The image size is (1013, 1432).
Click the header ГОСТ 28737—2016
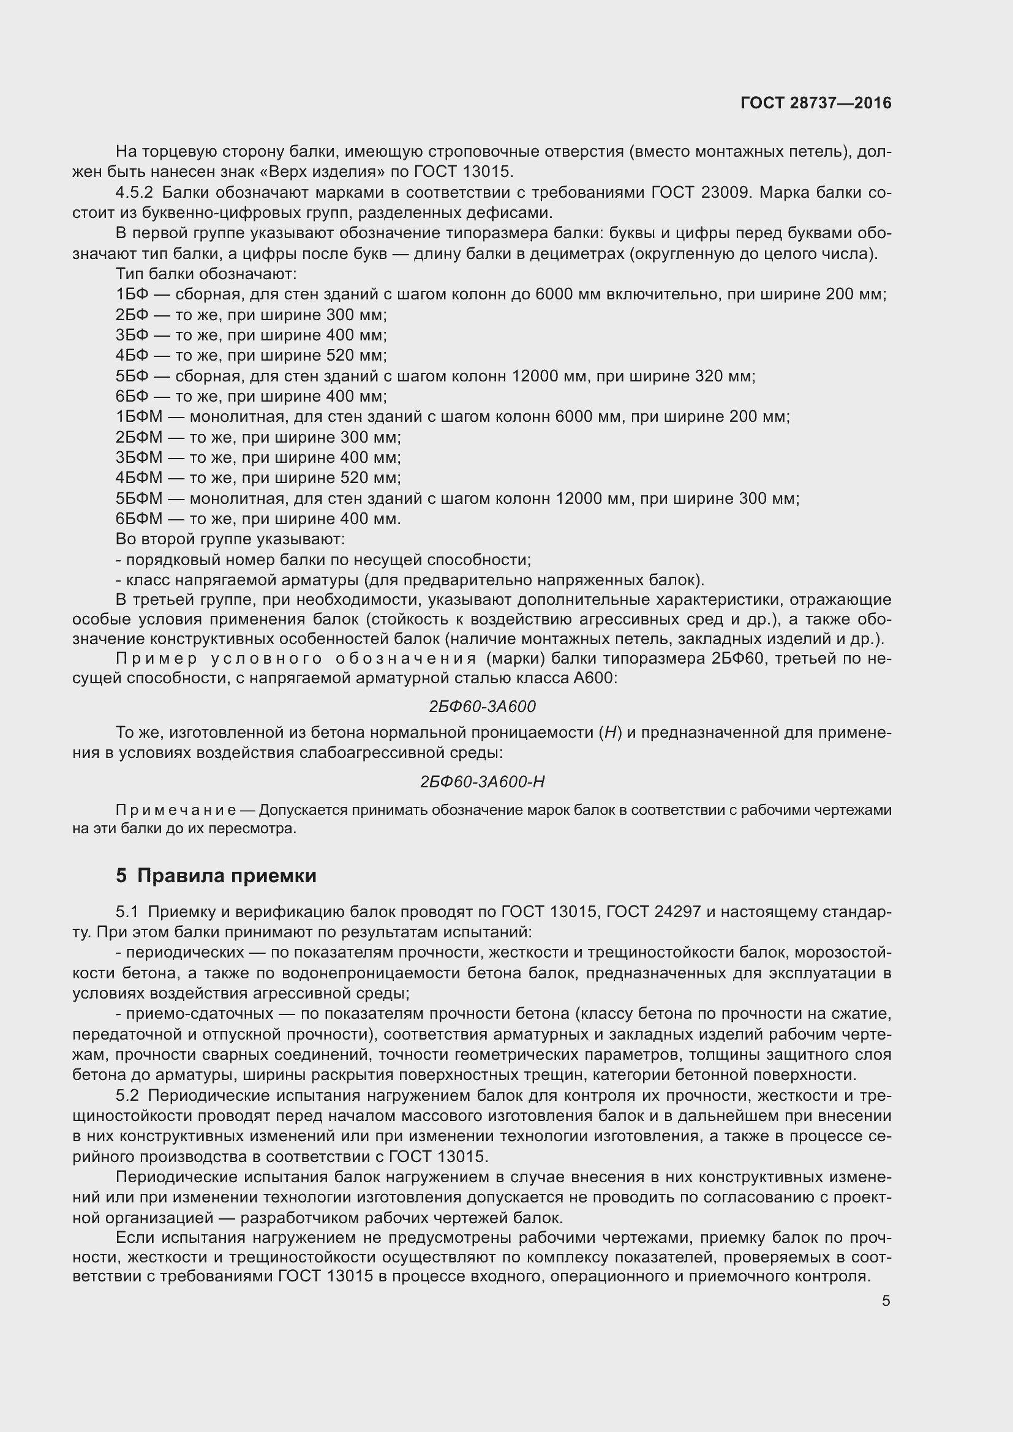tap(816, 103)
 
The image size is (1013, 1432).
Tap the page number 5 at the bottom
tap(886, 1301)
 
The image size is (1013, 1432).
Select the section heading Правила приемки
tap(227, 875)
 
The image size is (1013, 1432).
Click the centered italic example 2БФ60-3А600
tap(482, 707)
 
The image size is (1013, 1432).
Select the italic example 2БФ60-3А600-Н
tap(482, 781)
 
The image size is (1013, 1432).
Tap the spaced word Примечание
tap(176, 810)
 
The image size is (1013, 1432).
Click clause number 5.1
tap(127, 912)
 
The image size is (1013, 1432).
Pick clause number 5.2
tap(127, 1096)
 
